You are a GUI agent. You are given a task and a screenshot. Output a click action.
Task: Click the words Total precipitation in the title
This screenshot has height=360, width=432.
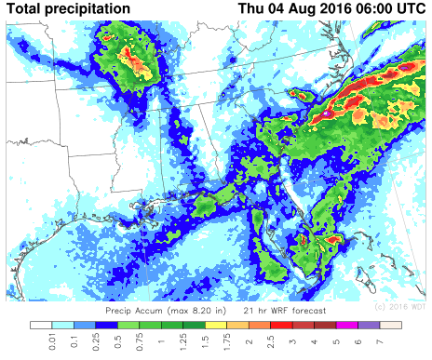coord(68,9)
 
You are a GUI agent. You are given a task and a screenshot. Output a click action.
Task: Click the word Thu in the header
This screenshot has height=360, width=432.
coord(254,9)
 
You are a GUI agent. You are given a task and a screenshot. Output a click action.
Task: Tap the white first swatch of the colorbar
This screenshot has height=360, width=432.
coord(41,326)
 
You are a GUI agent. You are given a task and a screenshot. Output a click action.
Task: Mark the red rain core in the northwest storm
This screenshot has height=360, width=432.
coord(135,63)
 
